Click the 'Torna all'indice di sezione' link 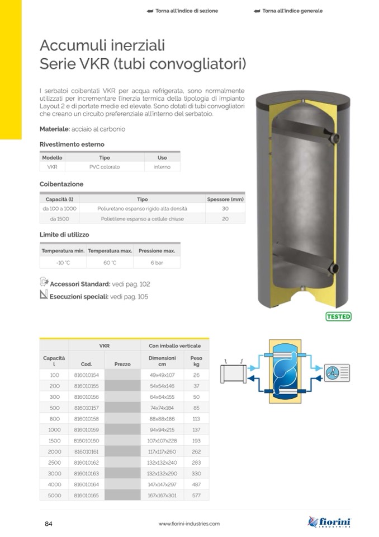(x=182, y=11)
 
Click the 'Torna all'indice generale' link (x=288, y=11)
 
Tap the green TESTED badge (x=338, y=316)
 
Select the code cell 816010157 (x=87, y=408)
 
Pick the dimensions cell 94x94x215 (x=162, y=430)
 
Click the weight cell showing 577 (x=196, y=495)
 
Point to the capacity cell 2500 (x=54, y=463)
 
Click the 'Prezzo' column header (x=122, y=364)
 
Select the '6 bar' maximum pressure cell (x=157, y=263)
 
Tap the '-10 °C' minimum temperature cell (x=63, y=263)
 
